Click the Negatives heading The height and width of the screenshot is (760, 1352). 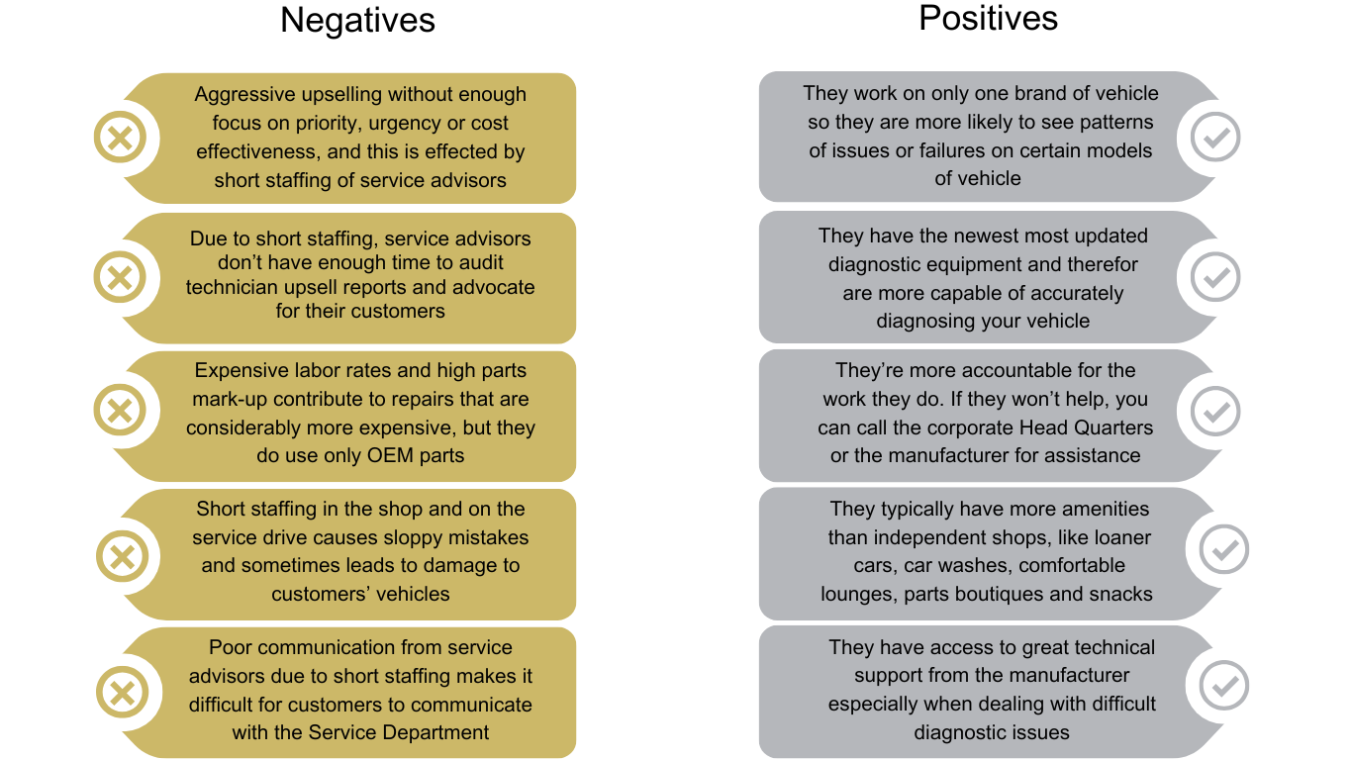click(357, 20)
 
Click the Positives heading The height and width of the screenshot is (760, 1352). click(988, 18)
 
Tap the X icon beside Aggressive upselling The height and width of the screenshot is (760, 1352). click(120, 137)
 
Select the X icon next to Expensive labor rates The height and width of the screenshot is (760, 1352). click(120, 410)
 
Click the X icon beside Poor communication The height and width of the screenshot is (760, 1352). click(122, 692)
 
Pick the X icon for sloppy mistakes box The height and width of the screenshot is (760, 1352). click(122, 554)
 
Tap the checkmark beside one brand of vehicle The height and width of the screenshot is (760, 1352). click(1215, 137)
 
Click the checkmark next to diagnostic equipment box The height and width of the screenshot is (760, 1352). click(1215, 277)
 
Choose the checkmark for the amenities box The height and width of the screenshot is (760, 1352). click(1224, 549)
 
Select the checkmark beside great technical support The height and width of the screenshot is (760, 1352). click(1224, 686)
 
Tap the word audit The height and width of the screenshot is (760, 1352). click(478, 262)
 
